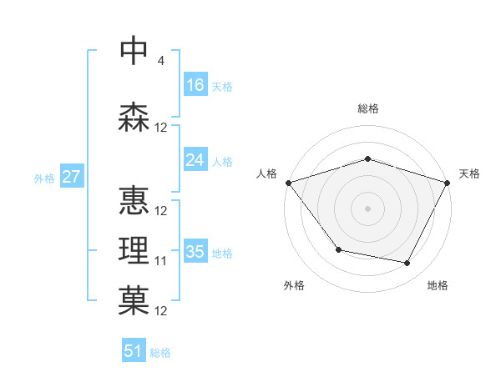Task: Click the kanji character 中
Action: pyautogui.click(x=134, y=51)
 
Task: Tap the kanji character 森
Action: pyautogui.click(x=134, y=118)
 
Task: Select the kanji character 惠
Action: pyautogui.click(x=134, y=200)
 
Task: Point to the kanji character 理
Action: pyautogui.click(x=134, y=251)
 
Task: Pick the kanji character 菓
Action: pyautogui.click(x=134, y=301)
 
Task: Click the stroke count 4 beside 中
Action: pyautogui.click(x=160, y=60)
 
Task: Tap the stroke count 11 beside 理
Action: pyautogui.click(x=161, y=261)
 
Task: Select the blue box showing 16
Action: pyautogui.click(x=195, y=85)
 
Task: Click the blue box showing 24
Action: pyautogui.click(x=195, y=160)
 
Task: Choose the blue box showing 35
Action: pyautogui.click(x=195, y=252)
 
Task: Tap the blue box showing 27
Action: pyautogui.click(x=71, y=177)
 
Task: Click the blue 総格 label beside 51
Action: pyautogui.click(x=161, y=353)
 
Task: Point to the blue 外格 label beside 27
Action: pyautogui.click(x=44, y=178)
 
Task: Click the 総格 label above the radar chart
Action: pyautogui.click(x=367, y=108)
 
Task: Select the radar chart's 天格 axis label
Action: pyautogui.click(x=470, y=173)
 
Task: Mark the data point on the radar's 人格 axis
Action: pyautogui.click(x=288, y=182)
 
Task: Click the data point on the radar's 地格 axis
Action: pyautogui.click(x=407, y=264)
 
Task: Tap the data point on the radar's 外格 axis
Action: pyautogui.click(x=338, y=249)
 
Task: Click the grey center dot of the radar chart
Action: pyautogui.click(x=367, y=208)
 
